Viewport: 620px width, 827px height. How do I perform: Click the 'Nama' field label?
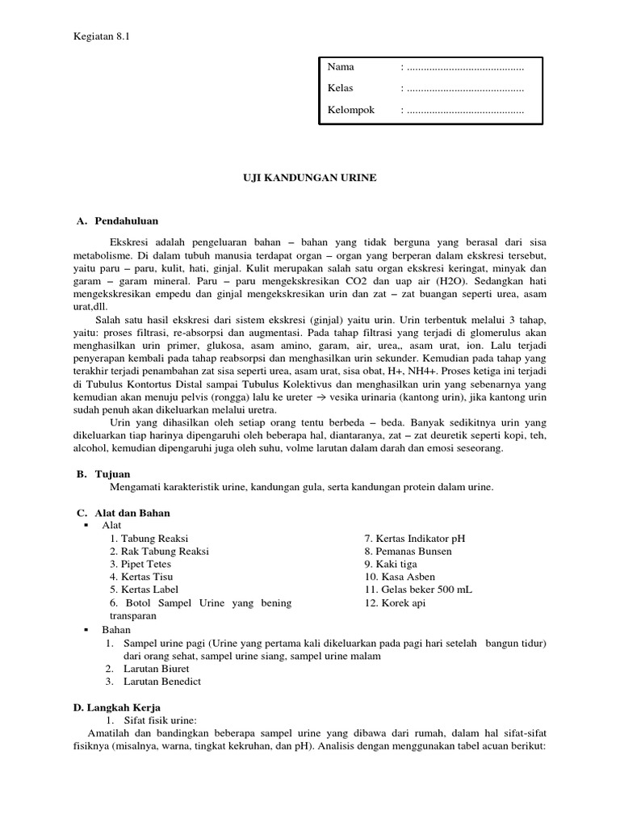click(x=341, y=67)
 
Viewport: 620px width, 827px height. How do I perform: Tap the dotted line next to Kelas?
click(x=465, y=88)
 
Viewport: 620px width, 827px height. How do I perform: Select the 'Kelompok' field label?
click(x=351, y=110)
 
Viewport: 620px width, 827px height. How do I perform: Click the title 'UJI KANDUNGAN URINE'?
click(x=310, y=178)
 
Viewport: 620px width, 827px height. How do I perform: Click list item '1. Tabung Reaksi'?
click(x=150, y=539)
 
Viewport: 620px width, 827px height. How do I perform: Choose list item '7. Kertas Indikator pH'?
click(x=415, y=539)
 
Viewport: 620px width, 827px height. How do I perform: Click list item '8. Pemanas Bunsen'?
click(x=408, y=552)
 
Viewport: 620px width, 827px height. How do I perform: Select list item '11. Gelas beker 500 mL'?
click(x=418, y=590)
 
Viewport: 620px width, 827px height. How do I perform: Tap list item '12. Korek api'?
click(x=395, y=602)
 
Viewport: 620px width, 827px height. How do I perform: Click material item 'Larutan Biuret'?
click(x=157, y=669)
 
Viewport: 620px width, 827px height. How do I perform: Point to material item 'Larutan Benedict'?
click(x=162, y=682)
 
